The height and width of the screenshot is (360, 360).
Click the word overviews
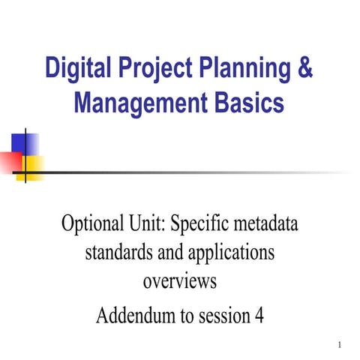coord(179,282)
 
